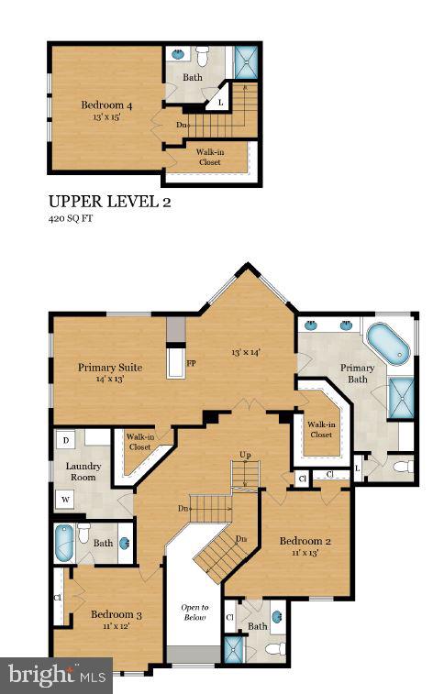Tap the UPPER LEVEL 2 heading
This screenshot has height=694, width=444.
[x=109, y=201]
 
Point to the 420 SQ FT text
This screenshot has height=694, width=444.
[x=72, y=220]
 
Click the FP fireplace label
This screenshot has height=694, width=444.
[x=191, y=363]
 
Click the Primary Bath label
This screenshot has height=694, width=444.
[x=358, y=374]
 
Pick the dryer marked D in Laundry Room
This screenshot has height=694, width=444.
[x=65, y=441]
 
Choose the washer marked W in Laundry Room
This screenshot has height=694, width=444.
[x=65, y=499]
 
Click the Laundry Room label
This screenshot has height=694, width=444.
[x=83, y=471]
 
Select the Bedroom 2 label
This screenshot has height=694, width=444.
[x=305, y=541]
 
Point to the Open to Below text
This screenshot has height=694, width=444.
[x=194, y=612]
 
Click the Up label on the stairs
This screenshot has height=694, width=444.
[x=245, y=455]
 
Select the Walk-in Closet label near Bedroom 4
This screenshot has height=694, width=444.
[x=210, y=157]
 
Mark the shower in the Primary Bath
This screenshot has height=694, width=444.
[x=401, y=398]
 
